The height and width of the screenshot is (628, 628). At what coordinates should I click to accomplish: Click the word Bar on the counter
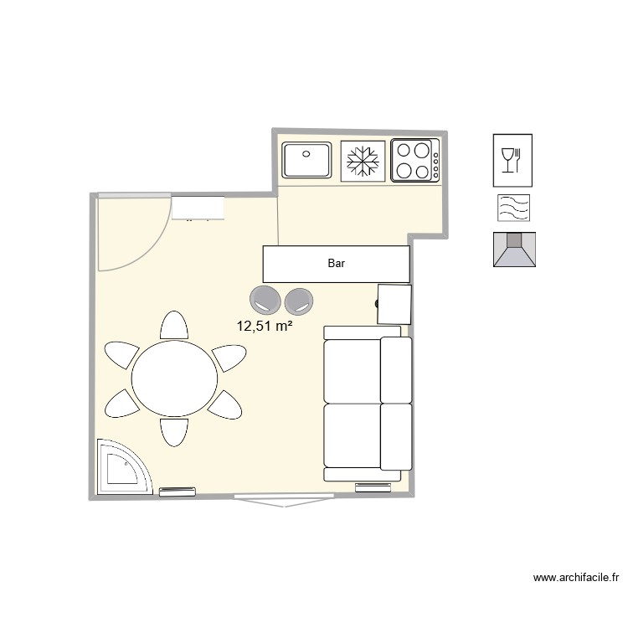[336, 264]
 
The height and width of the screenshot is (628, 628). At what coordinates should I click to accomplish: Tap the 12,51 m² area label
[265, 326]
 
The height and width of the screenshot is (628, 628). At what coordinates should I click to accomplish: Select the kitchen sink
[307, 160]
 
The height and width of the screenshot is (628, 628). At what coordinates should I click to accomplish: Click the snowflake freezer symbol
[363, 161]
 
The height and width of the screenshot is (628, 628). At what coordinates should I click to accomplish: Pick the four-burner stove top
[414, 160]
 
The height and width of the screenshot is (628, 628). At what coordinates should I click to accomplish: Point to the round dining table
[175, 378]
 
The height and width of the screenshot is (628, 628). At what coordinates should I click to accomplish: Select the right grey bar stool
[299, 300]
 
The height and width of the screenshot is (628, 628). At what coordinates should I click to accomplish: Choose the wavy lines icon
[512, 208]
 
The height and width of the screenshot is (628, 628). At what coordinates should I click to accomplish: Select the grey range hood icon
[513, 249]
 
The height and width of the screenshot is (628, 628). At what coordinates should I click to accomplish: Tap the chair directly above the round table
[174, 326]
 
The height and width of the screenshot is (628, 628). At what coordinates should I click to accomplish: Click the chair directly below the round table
[174, 430]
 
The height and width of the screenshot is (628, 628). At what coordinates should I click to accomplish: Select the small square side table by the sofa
[394, 303]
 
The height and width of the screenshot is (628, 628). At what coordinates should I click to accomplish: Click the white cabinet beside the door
[198, 207]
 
